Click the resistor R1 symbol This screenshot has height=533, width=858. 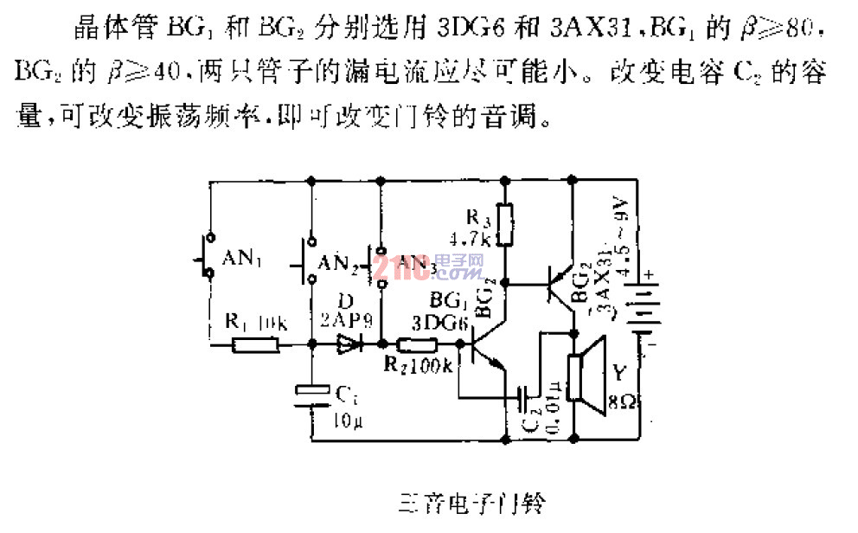click(x=256, y=345)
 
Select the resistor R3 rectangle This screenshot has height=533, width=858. click(x=507, y=224)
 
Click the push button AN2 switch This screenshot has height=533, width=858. click(x=309, y=260)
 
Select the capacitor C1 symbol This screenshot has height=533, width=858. click(x=310, y=394)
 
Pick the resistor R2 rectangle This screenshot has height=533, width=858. click(x=413, y=345)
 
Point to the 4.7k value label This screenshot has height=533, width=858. click(x=472, y=237)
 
